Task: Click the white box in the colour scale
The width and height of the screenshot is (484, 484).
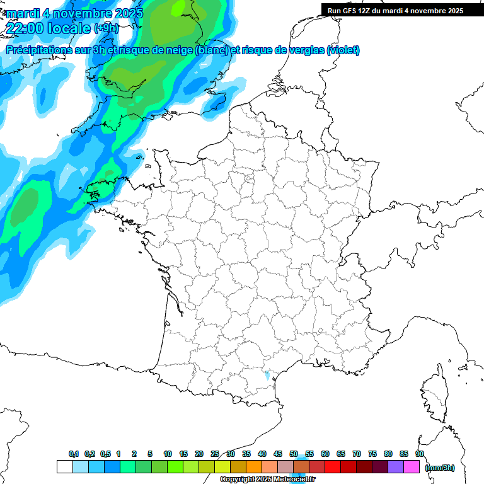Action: pos(64,467)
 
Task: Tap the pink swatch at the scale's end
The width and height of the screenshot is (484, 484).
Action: pos(412,467)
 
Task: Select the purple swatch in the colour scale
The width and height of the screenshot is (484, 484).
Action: pos(396,467)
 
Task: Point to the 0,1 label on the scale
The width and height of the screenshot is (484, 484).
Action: pos(74,454)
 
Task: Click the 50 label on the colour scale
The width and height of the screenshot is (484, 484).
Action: pos(294,454)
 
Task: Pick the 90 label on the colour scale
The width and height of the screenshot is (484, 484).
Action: pos(420,454)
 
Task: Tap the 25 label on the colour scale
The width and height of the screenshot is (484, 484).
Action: pos(215,454)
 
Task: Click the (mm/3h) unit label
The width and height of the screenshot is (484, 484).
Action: pos(440,468)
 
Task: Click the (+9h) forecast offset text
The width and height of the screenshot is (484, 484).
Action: pos(105,28)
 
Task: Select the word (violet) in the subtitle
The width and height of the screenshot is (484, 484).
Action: pos(343,50)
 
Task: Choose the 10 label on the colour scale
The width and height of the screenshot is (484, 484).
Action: pos(168,454)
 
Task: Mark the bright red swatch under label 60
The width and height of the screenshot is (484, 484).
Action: pos(332,467)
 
